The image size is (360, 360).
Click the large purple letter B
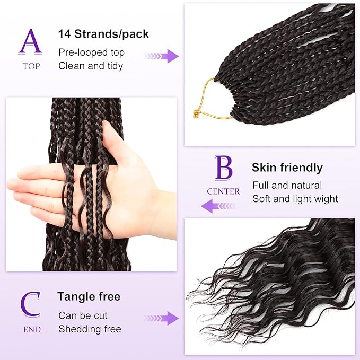click(x=223, y=168)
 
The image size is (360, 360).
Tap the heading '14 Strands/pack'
click(x=103, y=34)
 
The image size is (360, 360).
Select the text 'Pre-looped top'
click(x=91, y=52)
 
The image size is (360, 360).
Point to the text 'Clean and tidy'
click(x=91, y=66)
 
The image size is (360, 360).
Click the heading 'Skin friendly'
click(x=287, y=168)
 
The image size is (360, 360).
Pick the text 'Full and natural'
click(x=287, y=186)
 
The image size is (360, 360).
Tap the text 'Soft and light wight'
click(x=295, y=199)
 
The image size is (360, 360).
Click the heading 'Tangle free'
click(x=89, y=297)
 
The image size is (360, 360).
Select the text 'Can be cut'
click(x=83, y=315)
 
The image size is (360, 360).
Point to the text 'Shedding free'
click(x=90, y=329)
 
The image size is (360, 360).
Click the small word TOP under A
click(x=31, y=66)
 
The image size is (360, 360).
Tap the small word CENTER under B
click(x=223, y=191)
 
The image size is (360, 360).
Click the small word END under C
click(x=31, y=329)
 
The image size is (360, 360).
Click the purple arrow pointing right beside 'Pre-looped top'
click(x=162, y=56)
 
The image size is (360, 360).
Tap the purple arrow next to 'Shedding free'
click(x=161, y=319)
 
